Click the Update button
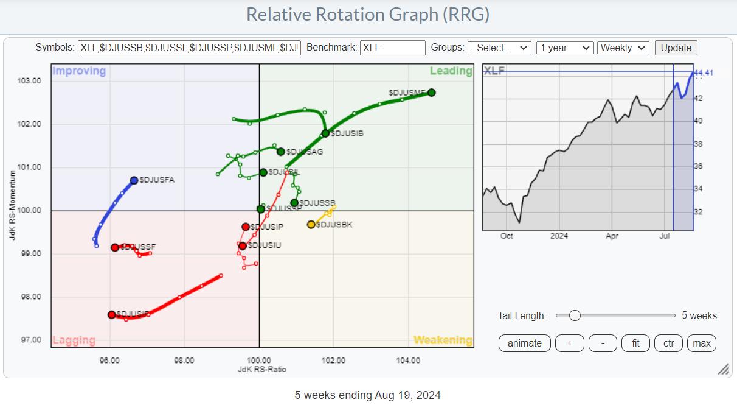pyautogui.click(x=676, y=48)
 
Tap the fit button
pyautogui.click(x=635, y=343)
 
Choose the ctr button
pyautogui.click(x=668, y=343)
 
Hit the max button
pyautogui.click(x=701, y=343)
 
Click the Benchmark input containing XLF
pyautogui.click(x=392, y=48)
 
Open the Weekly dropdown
pyautogui.click(x=623, y=48)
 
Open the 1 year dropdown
pyautogui.click(x=564, y=48)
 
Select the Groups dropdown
pyautogui.click(x=499, y=48)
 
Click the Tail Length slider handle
pyautogui.click(x=574, y=315)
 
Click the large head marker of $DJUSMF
pyautogui.click(x=431, y=93)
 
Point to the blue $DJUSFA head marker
pyautogui.click(x=134, y=180)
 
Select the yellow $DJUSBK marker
pyautogui.click(x=311, y=225)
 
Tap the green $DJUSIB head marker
pyautogui.click(x=325, y=133)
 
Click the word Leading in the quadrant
pyautogui.click(x=451, y=71)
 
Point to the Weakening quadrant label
pyautogui.click(x=442, y=340)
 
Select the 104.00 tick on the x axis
pyautogui.click(x=407, y=361)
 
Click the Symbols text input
pyautogui.click(x=189, y=48)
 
